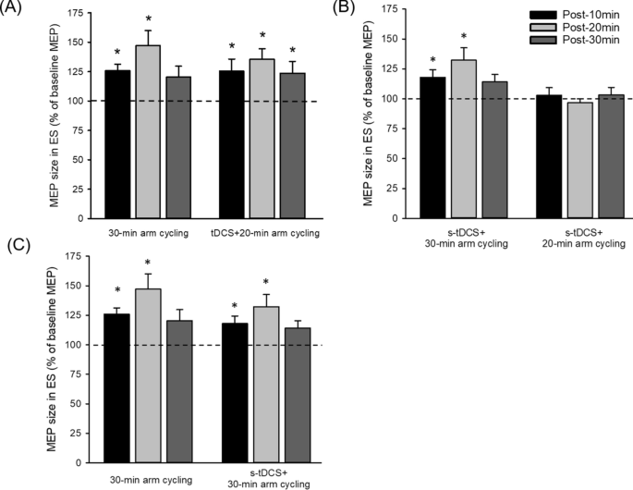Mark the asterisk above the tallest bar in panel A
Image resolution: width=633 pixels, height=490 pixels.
(x=148, y=19)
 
